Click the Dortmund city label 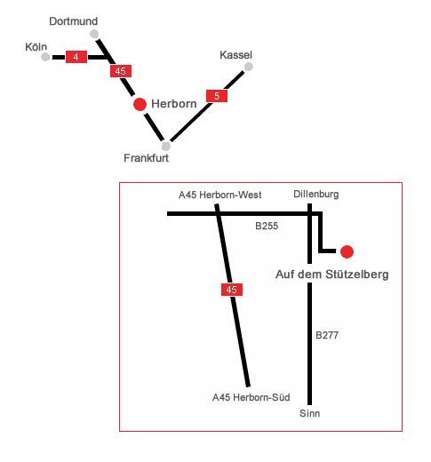click(74, 21)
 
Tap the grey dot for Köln click(45, 57)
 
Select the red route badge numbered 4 click(76, 57)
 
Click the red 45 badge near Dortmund click(121, 71)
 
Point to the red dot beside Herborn click(140, 104)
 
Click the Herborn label click(174, 104)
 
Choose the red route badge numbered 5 click(217, 96)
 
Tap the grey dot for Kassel click(249, 67)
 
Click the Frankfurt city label click(146, 158)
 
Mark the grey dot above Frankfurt click(166, 147)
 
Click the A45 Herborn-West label click(219, 195)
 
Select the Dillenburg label click(316, 195)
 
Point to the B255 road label click(267, 227)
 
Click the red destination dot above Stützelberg click(347, 251)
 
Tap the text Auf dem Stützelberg click(332, 275)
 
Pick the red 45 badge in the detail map click(232, 290)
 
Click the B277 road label click(327, 335)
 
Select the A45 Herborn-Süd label click(251, 397)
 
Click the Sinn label click(309, 413)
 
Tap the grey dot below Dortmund click(94, 34)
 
